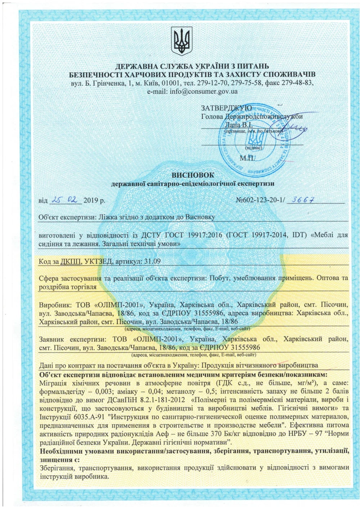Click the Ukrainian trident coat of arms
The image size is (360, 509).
click(181, 42)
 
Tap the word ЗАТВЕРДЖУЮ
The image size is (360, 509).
click(226, 108)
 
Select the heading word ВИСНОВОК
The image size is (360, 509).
click(193, 175)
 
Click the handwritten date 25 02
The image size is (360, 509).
click(66, 200)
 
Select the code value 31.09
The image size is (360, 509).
click(152, 261)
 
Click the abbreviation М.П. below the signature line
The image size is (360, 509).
click(247, 158)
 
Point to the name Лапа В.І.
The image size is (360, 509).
click(238, 125)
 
